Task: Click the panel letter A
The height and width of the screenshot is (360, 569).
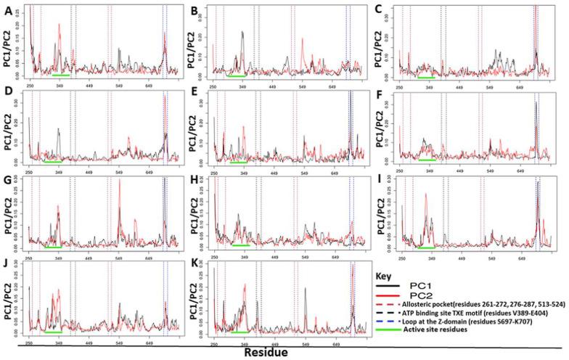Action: point(8,10)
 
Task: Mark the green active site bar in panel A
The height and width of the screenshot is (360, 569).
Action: point(60,75)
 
